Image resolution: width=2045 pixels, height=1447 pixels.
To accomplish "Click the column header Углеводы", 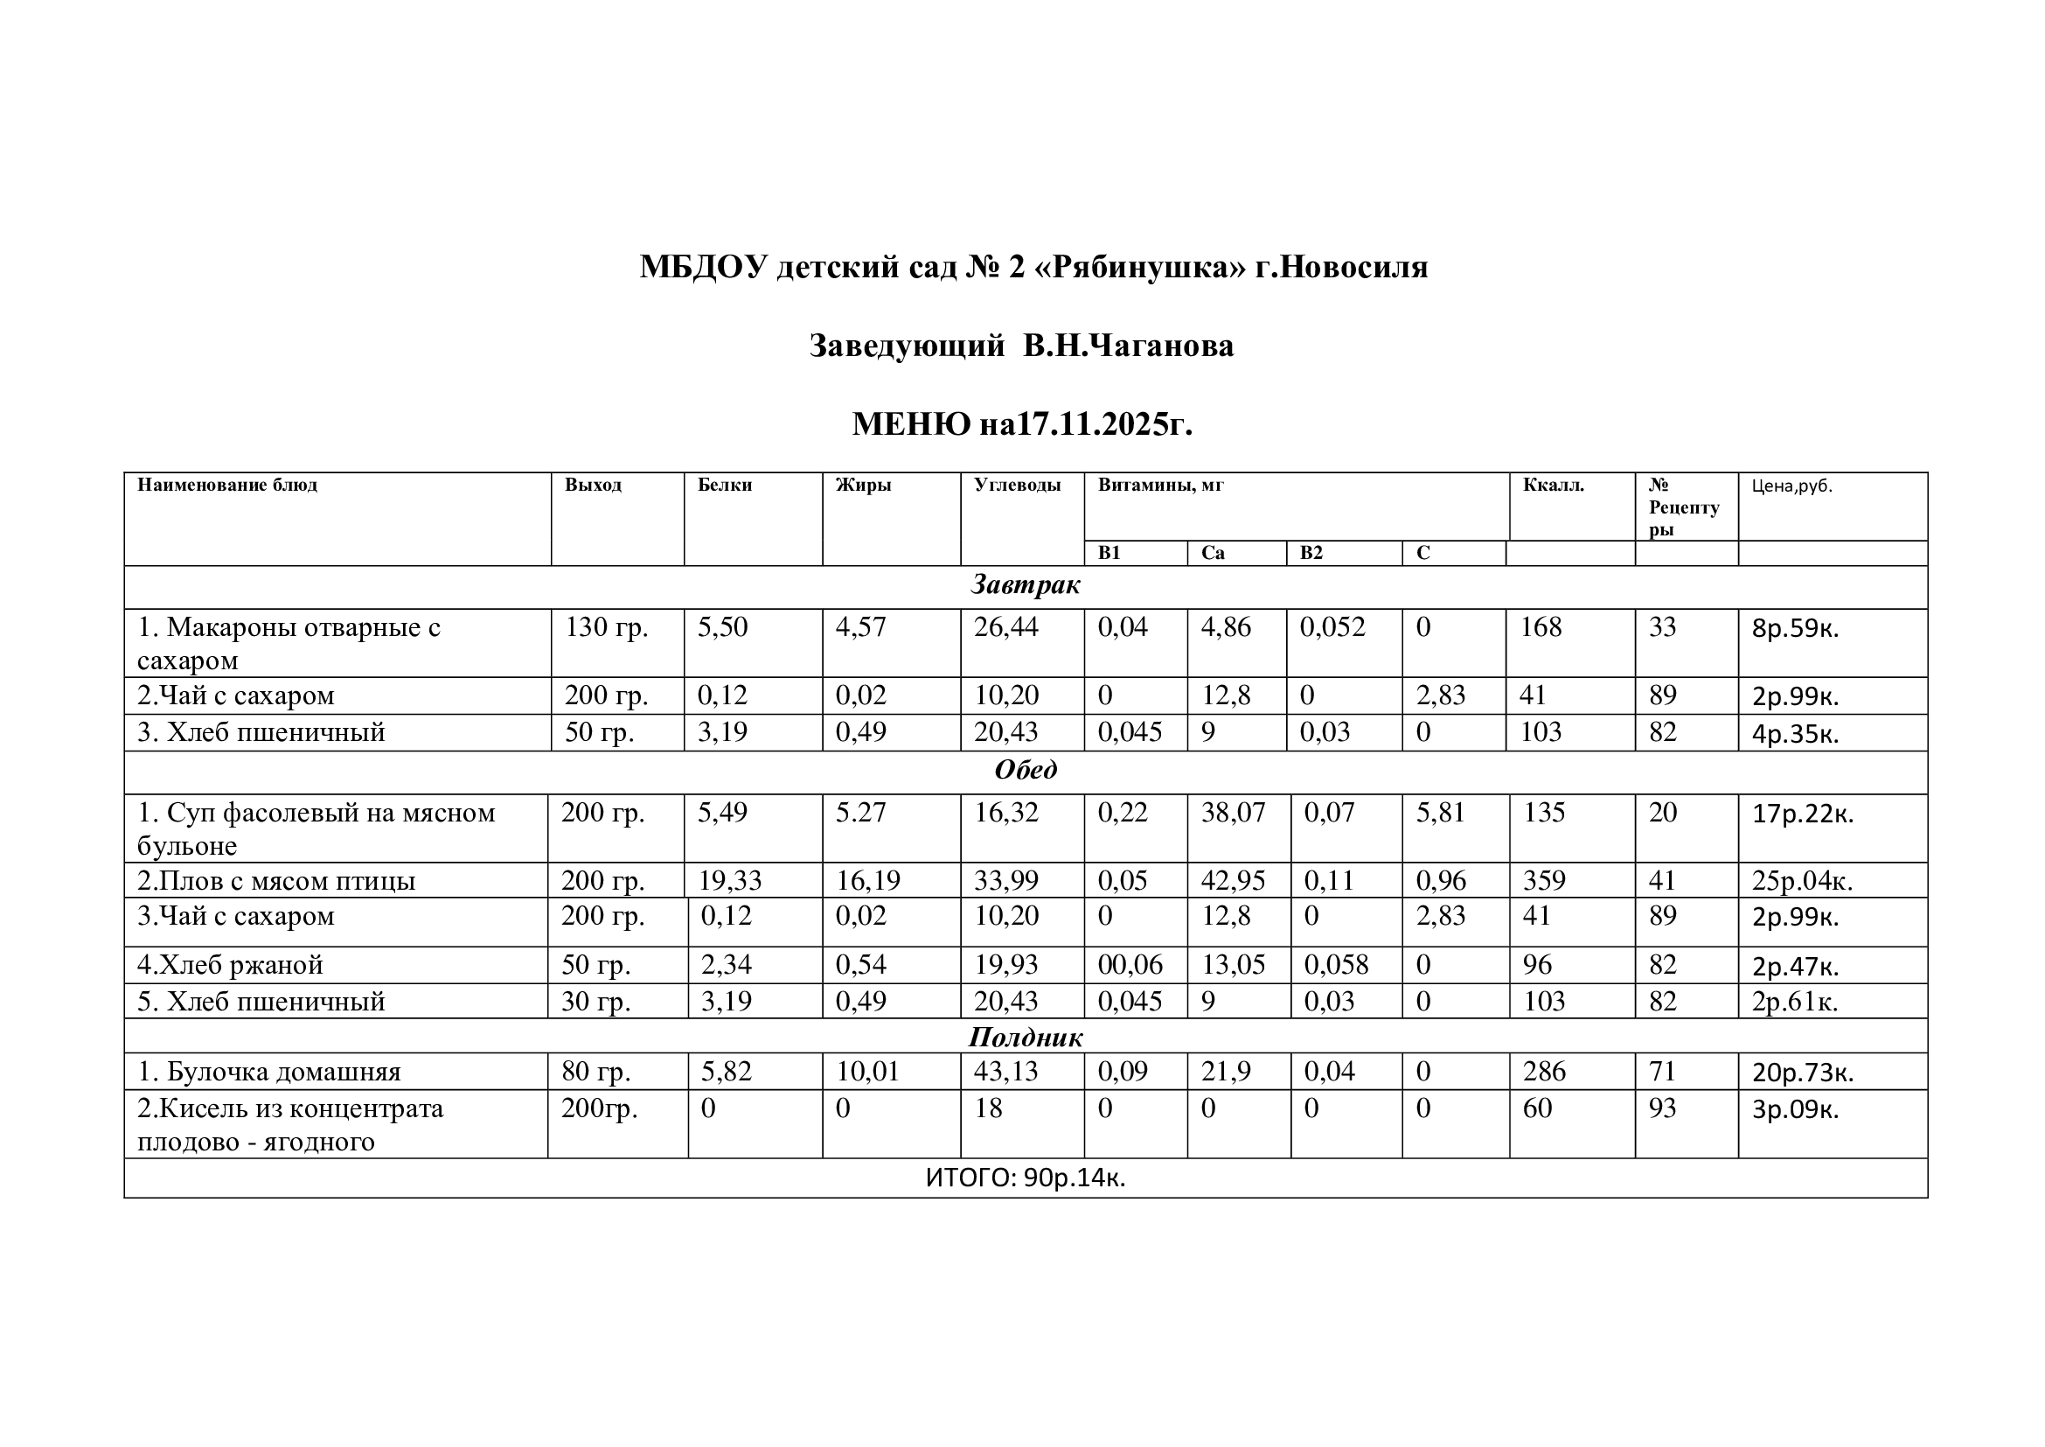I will [x=1017, y=486].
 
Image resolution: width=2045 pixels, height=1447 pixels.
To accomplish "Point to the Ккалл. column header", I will [x=1554, y=486].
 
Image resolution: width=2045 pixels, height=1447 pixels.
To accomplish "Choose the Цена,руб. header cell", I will [x=1791, y=486].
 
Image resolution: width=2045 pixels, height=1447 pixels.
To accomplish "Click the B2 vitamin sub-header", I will [x=1311, y=553].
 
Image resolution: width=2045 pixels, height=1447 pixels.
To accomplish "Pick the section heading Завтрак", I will [x=1026, y=585].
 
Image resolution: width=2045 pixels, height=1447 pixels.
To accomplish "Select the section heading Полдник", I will [x=1026, y=1038].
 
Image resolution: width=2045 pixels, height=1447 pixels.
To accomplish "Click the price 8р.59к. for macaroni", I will [x=1795, y=629].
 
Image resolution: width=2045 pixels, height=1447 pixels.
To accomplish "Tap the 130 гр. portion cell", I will [x=607, y=627].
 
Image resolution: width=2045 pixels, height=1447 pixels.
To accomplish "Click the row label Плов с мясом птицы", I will [x=276, y=881].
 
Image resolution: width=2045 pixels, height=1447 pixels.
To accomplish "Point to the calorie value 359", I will [x=1543, y=880].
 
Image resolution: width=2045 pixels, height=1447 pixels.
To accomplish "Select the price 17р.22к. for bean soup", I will [x=1802, y=814].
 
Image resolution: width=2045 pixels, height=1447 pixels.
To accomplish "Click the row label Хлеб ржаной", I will [x=230, y=965].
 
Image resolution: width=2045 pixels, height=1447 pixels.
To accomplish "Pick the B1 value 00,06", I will [x=1130, y=965].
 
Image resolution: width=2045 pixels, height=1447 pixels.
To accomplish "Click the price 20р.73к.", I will [x=1802, y=1073].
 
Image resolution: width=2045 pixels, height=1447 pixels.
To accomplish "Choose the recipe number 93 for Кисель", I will [x=1662, y=1108].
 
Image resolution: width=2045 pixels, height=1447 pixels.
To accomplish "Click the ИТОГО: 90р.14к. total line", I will [x=1026, y=1178].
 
